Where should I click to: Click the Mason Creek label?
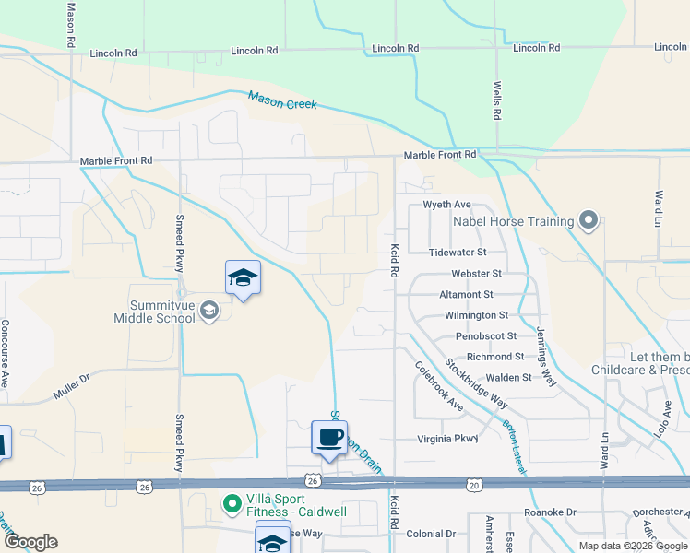pos(282,99)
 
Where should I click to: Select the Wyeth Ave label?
pos(446,205)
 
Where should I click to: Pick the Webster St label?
pos(476,274)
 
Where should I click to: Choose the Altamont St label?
pos(467,294)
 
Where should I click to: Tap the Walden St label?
pos(508,377)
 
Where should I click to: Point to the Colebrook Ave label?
pos(439,385)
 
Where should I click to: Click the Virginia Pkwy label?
pos(448,439)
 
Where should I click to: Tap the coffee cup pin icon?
pos(329,437)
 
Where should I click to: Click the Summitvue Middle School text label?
pos(154,312)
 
